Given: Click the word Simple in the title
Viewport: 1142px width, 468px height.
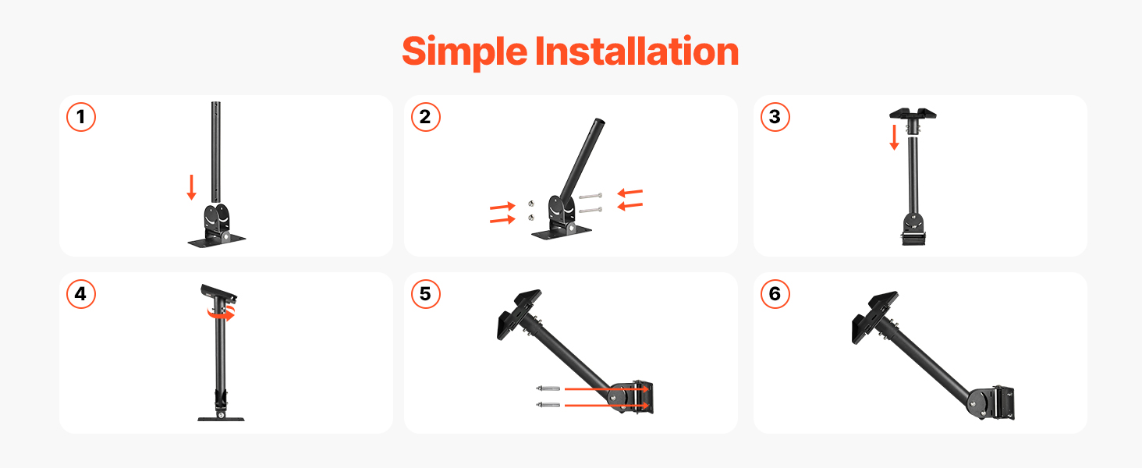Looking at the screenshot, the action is pyautogui.click(x=464, y=52).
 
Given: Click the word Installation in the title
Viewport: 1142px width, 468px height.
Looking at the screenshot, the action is pyautogui.click(x=637, y=51).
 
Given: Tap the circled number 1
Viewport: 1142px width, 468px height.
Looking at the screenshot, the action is pyautogui.click(x=81, y=117).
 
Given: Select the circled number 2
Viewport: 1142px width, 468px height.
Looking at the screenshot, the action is pyautogui.click(x=426, y=117).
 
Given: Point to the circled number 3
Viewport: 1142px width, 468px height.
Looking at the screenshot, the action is pyautogui.click(x=775, y=117).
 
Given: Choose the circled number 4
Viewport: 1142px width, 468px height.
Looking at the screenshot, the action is pyautogui.click(x=81, y=294).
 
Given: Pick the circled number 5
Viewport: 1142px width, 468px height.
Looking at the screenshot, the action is pyautogui.click(x=426, y=294).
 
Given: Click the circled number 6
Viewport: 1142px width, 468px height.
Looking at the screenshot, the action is pyautogui.click(x=775, y=294).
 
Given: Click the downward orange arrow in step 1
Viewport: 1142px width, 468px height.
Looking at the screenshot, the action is pyautogui.click(x=192, y=187).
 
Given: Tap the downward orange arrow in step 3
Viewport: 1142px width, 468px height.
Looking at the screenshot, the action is pyautogui.click(x=894, y=137).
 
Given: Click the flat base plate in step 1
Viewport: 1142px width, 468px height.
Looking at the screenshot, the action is pyautogui.click(x=217, y=240).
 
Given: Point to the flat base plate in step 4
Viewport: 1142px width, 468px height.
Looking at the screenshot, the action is pyautogui.click(x=221, y=419).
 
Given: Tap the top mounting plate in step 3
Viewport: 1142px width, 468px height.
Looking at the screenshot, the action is pyautogui.click(x=913, y=114).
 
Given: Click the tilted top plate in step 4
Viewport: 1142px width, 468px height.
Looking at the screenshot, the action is pyautogui.click(x=218, y=292).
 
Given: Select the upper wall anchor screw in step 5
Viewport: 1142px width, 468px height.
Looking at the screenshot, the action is pyautogui.click(x=548, y=388).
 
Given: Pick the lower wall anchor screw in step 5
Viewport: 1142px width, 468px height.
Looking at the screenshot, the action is pyautogui.click(x=548, y=406).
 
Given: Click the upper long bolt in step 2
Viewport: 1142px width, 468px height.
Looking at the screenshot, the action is pyautogui.click(x=591, y=196).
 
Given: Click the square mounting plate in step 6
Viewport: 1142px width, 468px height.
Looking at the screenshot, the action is pyautogui.click(x=874, y=317).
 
